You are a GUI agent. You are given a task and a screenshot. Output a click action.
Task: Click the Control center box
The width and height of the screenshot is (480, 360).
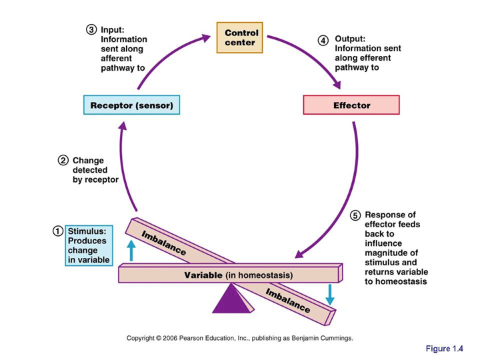pyautogui.click(x=241, y=38)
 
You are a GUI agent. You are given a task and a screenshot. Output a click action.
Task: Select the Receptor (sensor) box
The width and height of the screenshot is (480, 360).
pyautogui.click(x=132, y=105)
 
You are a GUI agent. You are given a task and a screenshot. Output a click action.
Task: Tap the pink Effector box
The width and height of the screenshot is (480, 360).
pyautogui.click(x=351, y=105)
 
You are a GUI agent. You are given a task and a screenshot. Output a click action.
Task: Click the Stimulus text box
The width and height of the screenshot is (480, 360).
pyautogui.click(x=89, y=245)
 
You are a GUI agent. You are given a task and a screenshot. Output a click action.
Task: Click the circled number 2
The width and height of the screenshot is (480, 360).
pyautogui.click(x=63, y=160)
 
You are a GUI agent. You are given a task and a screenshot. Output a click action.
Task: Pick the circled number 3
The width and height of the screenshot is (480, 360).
pyautogui.click(x=91, y=29)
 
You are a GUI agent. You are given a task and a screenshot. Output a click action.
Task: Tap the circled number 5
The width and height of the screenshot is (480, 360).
pyautogui.click(x=355, y=215)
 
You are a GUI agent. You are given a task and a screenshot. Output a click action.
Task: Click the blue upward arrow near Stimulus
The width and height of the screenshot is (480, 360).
pyautogui.click(x=131, y=250)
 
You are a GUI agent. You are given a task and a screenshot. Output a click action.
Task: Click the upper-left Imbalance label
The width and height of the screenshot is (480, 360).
pyautogui.click(x=164, y=244)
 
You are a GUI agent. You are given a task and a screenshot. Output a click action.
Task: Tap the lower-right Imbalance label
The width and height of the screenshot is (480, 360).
pyautogui.click(x=287, y=301)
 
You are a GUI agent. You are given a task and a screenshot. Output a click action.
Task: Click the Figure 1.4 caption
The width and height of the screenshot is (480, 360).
pyautogui.click(x=445, y=348)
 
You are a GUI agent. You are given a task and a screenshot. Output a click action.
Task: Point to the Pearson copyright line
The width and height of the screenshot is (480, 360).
pyautogui.click(x=240, y=338)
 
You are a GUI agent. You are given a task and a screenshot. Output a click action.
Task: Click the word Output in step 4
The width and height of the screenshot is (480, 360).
pyautogui.click(x=350, y=39)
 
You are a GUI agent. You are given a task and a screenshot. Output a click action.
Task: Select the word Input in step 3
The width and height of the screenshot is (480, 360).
pyautogui.click(x=113, y=29)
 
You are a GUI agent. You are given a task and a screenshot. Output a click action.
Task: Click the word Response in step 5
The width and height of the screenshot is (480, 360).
pyautogui.click(x=390, y=215)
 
